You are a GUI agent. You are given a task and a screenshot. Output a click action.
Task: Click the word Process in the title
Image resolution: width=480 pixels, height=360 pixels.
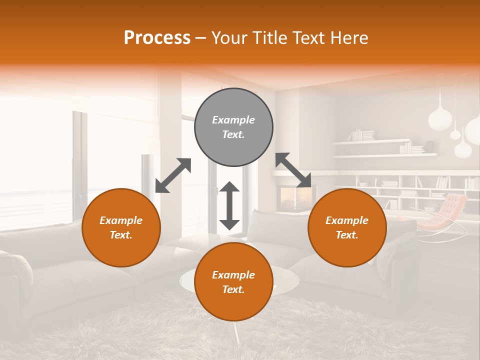click(x=157, y=38)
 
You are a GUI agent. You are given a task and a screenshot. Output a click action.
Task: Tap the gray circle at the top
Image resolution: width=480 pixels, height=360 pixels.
click(x=233, y=127)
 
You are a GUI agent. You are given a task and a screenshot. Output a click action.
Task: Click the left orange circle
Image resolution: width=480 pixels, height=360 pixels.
click(x=121, y=227)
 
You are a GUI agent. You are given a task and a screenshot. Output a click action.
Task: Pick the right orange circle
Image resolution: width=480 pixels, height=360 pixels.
click(x=347, y=227)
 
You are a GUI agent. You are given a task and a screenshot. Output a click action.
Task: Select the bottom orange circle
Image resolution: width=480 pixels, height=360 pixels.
click(x=233, y=282)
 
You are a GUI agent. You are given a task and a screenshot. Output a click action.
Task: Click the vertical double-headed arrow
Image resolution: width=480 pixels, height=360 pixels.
click(x=229, y=205)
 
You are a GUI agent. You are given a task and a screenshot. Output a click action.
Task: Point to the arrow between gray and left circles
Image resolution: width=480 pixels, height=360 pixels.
click(x=173, y=175)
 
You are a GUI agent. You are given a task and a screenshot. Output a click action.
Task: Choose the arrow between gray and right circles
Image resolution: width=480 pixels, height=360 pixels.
click(x=293, y=170)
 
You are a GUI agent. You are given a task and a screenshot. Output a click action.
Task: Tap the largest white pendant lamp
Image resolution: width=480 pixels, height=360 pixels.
click(x=440, y=118)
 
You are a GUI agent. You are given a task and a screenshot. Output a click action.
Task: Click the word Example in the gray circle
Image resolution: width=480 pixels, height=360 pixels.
click(x=233, y=120)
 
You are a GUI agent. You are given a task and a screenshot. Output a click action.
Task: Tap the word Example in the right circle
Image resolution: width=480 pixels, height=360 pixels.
click(x=347, y=220)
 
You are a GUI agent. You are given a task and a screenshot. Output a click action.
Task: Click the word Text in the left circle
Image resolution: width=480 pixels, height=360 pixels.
click(x=120, y=235)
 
